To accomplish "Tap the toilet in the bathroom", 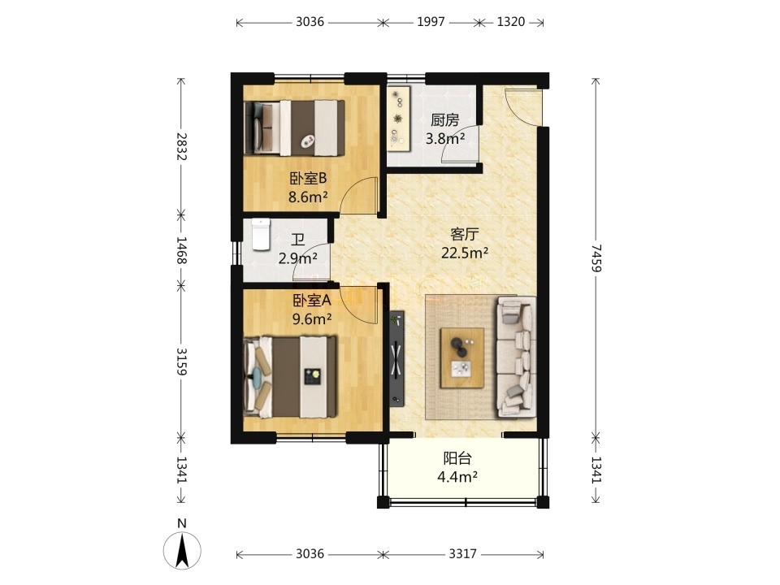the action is pos(261,234).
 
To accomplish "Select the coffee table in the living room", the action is pos(462,357).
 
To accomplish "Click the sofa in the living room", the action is pos(516,356).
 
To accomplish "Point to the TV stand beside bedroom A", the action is pos(396,358).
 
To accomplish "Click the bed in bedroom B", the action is pos(295,128).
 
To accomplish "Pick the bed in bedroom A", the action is pos(291,377).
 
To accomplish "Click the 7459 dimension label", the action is pos(596,258).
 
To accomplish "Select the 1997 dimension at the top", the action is pos(431,22).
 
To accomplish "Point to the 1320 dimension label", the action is pos(511,22).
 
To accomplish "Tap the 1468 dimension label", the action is pos(181,250).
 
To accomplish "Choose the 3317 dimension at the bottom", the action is pos(462,553).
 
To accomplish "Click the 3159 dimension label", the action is pos(181,361).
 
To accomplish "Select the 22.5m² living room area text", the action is pos(465,253).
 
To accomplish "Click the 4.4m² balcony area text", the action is pos(457,477).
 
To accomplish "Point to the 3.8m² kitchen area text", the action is pos(445,139).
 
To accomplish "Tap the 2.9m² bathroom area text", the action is pos(298,258).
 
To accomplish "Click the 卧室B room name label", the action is pos(308,178).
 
